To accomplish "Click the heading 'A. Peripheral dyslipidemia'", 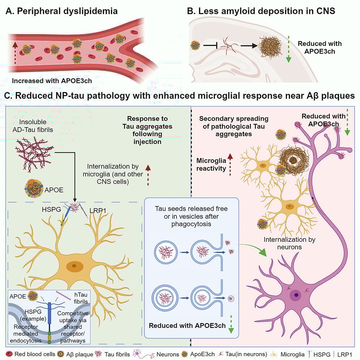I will [x=61, y=11].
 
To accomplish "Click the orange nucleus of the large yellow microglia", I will [x=74, y=266].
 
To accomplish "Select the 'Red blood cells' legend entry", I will [x=31, y=354].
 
